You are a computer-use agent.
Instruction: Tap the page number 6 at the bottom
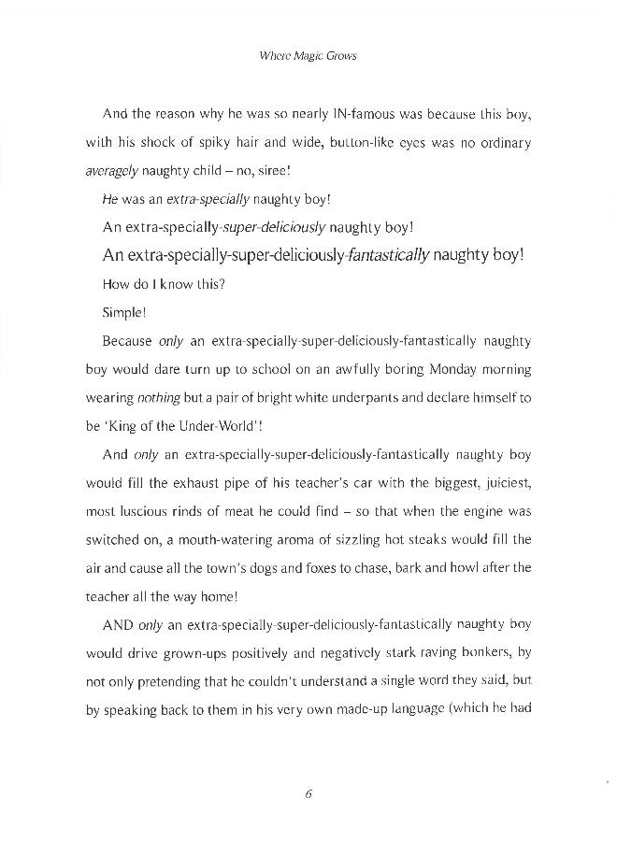click(308, 794)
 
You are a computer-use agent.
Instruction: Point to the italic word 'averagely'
click(112, 171)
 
